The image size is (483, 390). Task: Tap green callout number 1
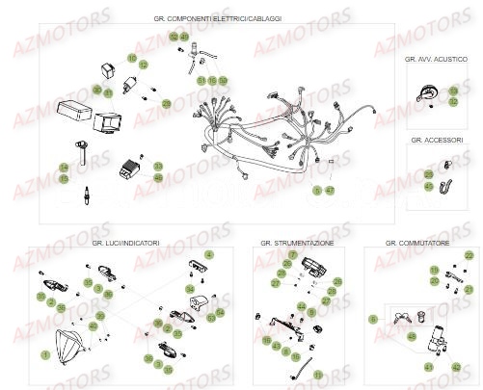[44, 355]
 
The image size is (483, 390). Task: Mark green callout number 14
[65, 168]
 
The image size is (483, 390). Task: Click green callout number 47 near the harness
[331, 191]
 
